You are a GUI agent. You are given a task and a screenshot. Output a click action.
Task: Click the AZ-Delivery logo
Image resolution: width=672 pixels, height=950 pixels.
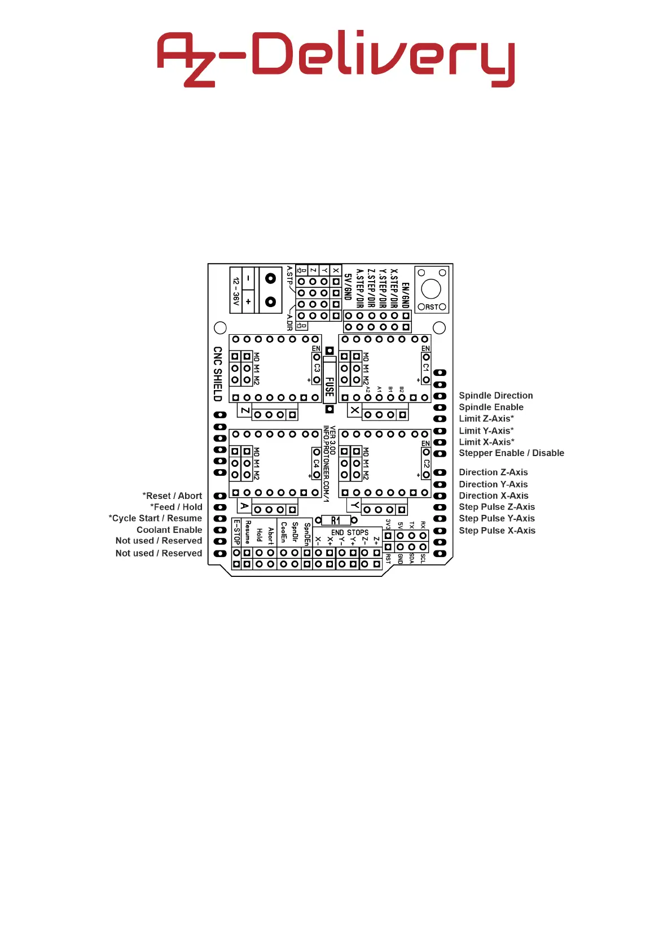point(336,59)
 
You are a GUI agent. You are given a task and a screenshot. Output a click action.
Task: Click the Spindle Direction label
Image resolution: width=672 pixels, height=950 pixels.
point(495,396)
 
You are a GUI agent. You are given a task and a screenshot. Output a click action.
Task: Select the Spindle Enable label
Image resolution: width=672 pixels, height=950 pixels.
point(491,407)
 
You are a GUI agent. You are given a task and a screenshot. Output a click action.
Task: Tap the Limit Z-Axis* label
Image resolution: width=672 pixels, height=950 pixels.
point(486,418)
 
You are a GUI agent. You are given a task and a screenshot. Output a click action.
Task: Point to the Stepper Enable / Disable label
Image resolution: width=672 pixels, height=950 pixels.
point(511,453)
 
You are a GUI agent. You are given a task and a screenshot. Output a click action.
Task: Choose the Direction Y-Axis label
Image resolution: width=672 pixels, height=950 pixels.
point(493,484)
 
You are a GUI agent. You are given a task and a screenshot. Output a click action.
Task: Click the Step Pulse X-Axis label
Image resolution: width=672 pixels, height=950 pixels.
point(497,531)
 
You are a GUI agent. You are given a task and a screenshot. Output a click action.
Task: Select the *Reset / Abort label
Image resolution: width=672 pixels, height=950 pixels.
point(172,496)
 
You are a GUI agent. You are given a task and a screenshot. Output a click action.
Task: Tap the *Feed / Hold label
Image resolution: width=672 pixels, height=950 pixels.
point(176,507)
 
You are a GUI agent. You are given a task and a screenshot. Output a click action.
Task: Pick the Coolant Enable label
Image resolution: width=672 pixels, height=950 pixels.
point(169,529)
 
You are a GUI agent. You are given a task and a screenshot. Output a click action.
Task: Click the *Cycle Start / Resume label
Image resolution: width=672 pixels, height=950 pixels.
point(155,518)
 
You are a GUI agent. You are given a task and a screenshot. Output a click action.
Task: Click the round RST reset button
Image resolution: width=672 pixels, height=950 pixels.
point(431,289)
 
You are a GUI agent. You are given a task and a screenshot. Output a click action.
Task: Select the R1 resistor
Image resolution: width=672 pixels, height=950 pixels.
point(336,520)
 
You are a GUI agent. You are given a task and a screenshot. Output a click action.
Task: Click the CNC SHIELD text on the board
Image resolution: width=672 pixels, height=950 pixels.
point(218,374)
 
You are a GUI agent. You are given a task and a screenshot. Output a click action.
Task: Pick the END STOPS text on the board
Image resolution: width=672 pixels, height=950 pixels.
point(349,532)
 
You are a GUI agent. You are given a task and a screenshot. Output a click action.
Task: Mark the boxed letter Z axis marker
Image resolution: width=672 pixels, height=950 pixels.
point(244,410)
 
